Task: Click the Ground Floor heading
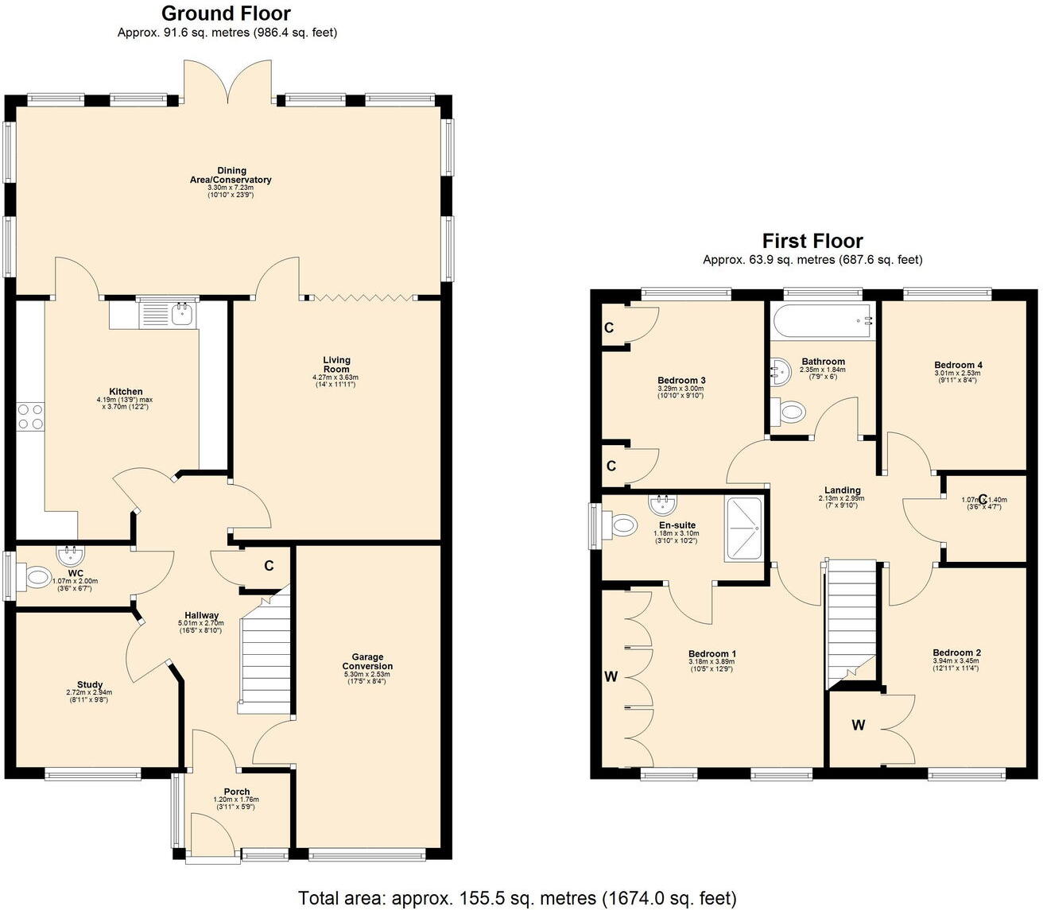point(227,14)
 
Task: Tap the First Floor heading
point(812,241)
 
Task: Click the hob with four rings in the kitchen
point(30,416)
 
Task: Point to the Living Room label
point(336,365)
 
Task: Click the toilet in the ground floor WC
point(36,577)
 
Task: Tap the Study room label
point(90,684)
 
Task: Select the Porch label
point(237,792)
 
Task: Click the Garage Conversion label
point(367,661)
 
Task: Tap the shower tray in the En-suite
point(743,529)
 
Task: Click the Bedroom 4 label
point(958,365)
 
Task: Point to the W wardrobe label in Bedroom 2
point(859,725)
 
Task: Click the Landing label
point(842,490)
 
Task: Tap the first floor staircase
point(851,620)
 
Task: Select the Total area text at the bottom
point(518,898)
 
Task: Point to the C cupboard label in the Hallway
point(269,566)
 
